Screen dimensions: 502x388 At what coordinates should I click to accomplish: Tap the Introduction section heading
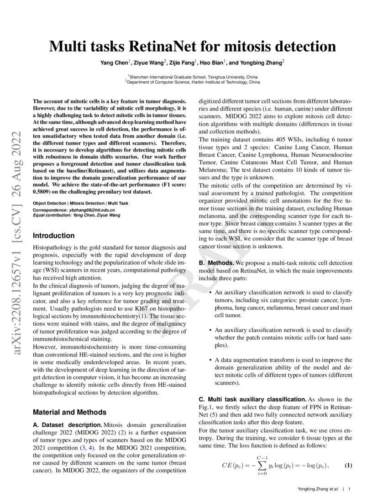pos(54,235)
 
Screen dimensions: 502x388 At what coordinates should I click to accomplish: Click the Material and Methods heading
pos(70,412)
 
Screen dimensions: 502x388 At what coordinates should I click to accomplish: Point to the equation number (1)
pos(348,465)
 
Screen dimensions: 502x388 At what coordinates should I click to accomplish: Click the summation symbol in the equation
pos(262,466)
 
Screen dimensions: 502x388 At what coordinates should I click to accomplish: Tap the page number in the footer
pos(349,489)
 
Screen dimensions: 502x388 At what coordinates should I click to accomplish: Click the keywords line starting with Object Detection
pos(80,202)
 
